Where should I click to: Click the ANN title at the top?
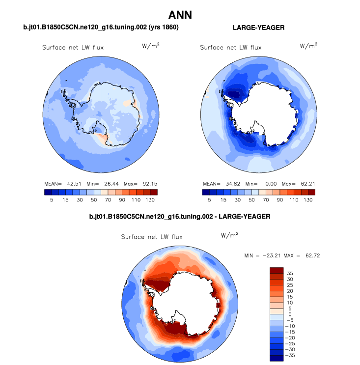[180, 15]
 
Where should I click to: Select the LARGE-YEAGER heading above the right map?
[258, 28]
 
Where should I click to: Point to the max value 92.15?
[149, 183]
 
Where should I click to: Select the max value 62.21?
[308, 183]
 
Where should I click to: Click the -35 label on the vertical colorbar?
[292, 355]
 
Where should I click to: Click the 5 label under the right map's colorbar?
[210, 200]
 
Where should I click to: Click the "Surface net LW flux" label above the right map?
[231, 48]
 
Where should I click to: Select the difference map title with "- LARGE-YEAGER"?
[180, 216]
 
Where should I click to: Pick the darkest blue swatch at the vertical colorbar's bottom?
[277, 358]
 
